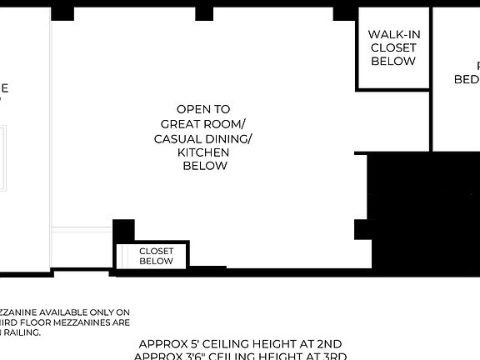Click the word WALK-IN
point(392,34)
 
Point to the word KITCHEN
point(202,152)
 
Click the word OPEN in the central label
point(192,109)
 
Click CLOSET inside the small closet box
point(156,250)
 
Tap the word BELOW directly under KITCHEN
point(204,166)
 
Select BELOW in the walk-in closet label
point(392,62)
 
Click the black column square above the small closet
point(123,231)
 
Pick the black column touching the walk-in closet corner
point(344,13)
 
